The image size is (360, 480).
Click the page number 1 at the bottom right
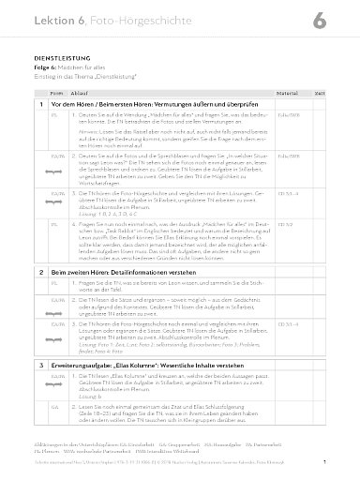pos(350,462)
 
